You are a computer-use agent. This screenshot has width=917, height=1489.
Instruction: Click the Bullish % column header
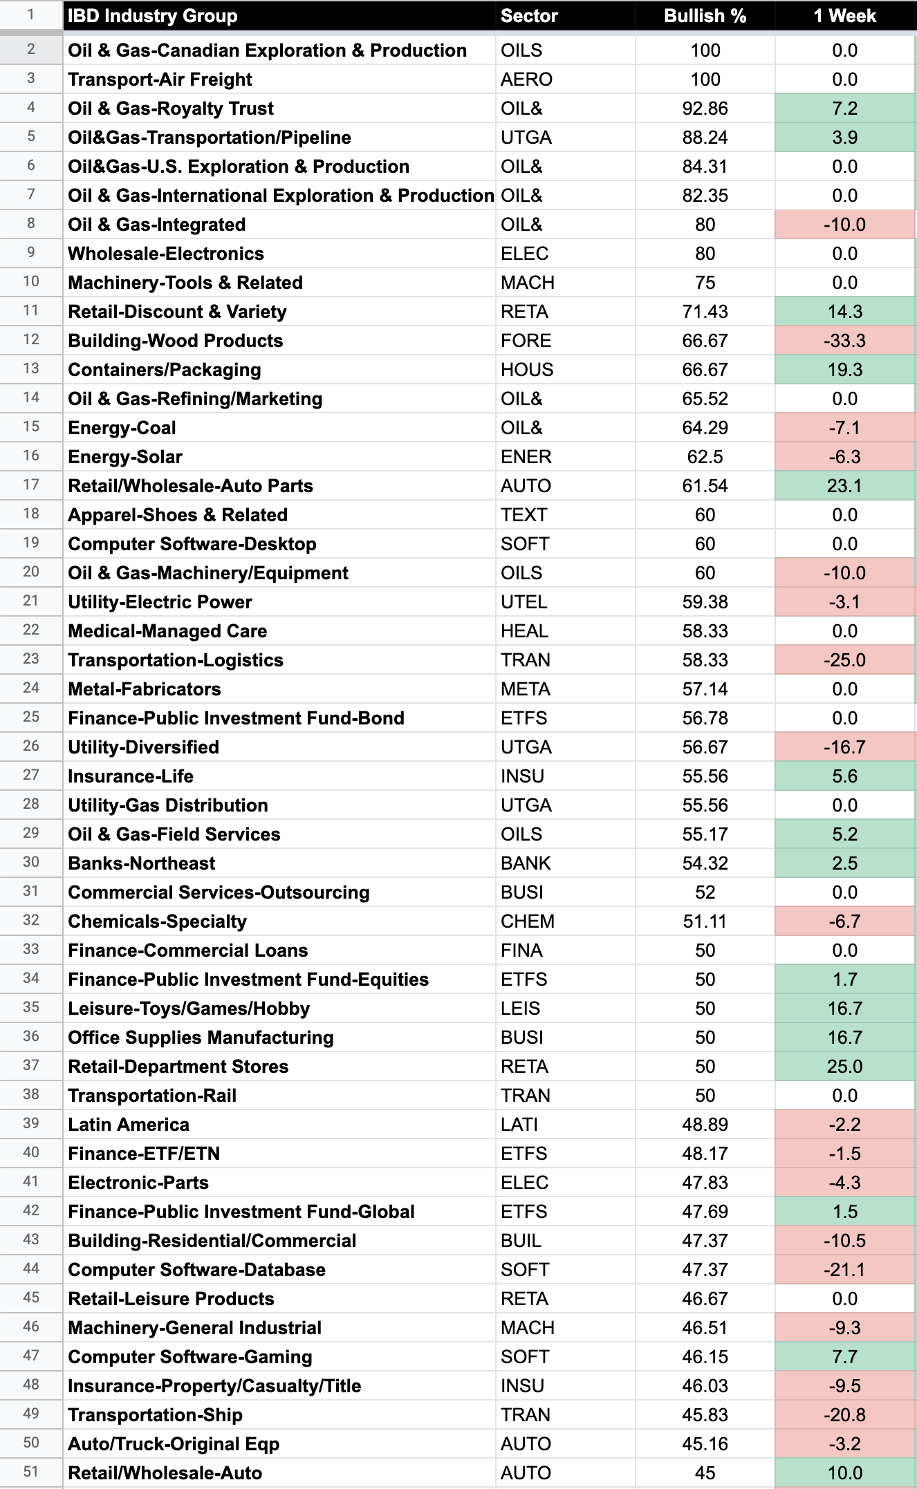click(705, 16)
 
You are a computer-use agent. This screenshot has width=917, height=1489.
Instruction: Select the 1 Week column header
click(844, 16)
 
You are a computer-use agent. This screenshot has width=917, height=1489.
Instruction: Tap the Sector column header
click(529, 16)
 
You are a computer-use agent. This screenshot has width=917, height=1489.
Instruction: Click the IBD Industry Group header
click(153, 16)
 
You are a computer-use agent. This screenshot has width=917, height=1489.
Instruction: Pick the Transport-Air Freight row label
click(160, 79)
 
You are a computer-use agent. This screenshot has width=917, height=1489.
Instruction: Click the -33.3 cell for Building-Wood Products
click(844, 341)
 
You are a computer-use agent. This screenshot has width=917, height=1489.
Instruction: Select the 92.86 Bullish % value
click(705, 109)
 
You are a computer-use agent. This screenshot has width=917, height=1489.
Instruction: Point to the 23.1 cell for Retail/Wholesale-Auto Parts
click(844, 486)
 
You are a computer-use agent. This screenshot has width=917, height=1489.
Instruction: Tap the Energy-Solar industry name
click(125, 457)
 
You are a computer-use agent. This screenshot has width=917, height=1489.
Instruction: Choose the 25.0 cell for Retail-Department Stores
click(844, 1067)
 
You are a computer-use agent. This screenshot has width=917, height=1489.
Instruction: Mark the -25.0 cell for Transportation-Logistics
click(844, 660)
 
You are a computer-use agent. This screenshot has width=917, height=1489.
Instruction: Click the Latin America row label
click(129, 1125)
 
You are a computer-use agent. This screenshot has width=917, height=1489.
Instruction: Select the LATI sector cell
click(519, 1125)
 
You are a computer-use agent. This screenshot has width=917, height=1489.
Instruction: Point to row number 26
click(31, 746)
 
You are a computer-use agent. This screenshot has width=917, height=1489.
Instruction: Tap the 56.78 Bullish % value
click(705, 718)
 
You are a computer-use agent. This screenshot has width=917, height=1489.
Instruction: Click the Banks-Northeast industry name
click(142, 863)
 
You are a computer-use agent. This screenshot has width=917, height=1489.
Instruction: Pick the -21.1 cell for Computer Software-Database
click(844, 1270)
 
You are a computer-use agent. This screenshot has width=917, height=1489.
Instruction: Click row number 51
click(31, 1472)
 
